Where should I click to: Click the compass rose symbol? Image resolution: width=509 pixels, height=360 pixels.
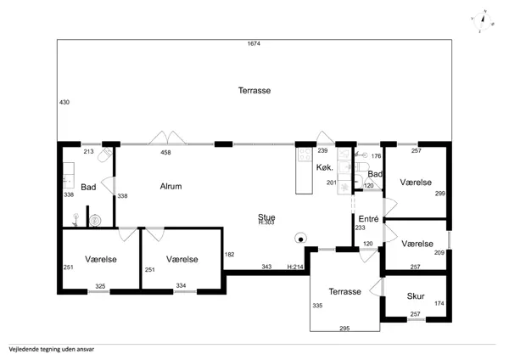(x=483, y=21)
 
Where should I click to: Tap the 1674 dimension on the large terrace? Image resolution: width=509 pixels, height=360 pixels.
(x=254, y=43)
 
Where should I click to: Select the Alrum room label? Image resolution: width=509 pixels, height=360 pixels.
(x=171, y=186)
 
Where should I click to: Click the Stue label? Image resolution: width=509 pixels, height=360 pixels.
(x=266, y=217)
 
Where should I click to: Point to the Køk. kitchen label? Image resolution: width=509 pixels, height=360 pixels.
(x=325, y=167)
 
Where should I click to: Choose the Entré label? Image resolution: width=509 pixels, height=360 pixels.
(x=368, y=219)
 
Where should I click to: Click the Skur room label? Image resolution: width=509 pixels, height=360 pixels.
(x=416, y=296)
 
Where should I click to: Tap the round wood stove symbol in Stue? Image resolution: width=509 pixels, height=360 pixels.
(x=300, y=239)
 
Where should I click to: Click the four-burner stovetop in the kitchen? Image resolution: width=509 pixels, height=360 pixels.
(x=305, y=154)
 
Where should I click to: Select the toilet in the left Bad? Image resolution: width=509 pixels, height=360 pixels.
(x=105, y=155)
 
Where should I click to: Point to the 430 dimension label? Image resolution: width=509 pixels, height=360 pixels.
(x=64, y=102)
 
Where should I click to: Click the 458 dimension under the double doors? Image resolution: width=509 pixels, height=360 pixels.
(x=165, y=152)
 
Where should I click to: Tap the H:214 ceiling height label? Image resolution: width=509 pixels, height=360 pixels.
(x=295, y=267)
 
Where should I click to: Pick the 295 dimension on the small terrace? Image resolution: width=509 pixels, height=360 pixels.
(x=344, y=328)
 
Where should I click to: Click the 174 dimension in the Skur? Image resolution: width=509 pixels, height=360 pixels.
(x=439, y=303)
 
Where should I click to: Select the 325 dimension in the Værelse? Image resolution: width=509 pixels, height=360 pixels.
(x=100, y=286)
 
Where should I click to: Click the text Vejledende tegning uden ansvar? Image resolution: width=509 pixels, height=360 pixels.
(x=52, y=350)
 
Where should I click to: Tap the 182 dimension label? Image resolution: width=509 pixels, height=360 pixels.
(x=229, y=255)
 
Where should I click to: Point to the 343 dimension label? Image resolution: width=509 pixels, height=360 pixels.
(x=266, y=267)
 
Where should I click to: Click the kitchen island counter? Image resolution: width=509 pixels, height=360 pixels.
(x=305, y=171)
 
